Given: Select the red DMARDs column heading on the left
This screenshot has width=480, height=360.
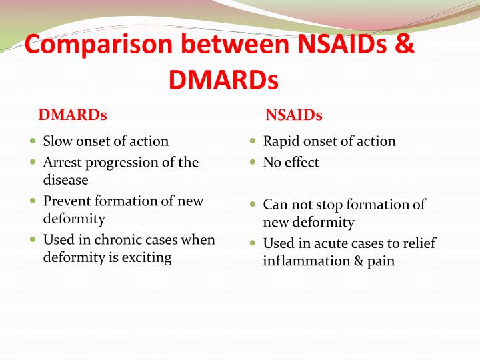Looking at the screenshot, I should tap(73, 115).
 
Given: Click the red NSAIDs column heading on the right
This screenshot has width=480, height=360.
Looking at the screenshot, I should tap(293, 115).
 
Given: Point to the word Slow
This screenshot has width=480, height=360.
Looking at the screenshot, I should tap(57, 141).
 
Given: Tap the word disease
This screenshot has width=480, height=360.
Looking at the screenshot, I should tap(65, 179).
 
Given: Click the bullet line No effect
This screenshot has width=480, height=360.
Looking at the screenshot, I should tap(291, 162).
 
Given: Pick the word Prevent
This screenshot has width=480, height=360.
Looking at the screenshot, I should tap(67, 201).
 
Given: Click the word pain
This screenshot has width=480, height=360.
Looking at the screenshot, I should tap(379, 261).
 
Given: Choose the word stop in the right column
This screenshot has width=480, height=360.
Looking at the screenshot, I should tap(325, 205).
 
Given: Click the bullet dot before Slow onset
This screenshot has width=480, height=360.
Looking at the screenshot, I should tap(33, 141).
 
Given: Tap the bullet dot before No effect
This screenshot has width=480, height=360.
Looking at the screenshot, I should tap(253, 162).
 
